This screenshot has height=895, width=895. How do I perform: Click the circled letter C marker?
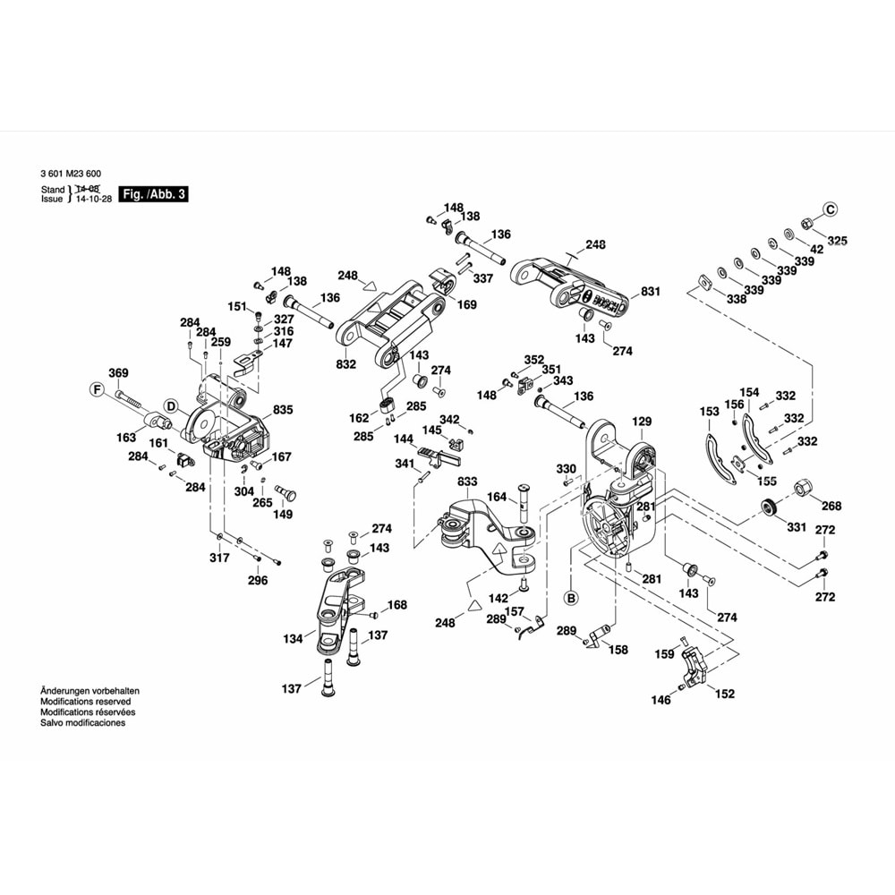click(x=830, y=209)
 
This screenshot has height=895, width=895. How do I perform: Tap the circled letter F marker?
click(x=97, y=389)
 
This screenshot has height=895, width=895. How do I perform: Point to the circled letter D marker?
click(x=169, y=405)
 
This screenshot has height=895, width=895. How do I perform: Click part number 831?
click(x=651, y=292)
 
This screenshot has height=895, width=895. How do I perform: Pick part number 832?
click(x=346, y=364)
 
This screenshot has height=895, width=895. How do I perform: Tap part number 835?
click(x=283, y=409)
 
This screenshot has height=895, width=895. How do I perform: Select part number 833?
click(x=467, y=482)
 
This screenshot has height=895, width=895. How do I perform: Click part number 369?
click(x=118, y=373)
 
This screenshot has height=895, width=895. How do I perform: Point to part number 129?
click(x=643, y=421)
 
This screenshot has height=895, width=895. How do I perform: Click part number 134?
click(x=293, y=639)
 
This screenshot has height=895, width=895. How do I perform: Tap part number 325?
click(x=836, y=241)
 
